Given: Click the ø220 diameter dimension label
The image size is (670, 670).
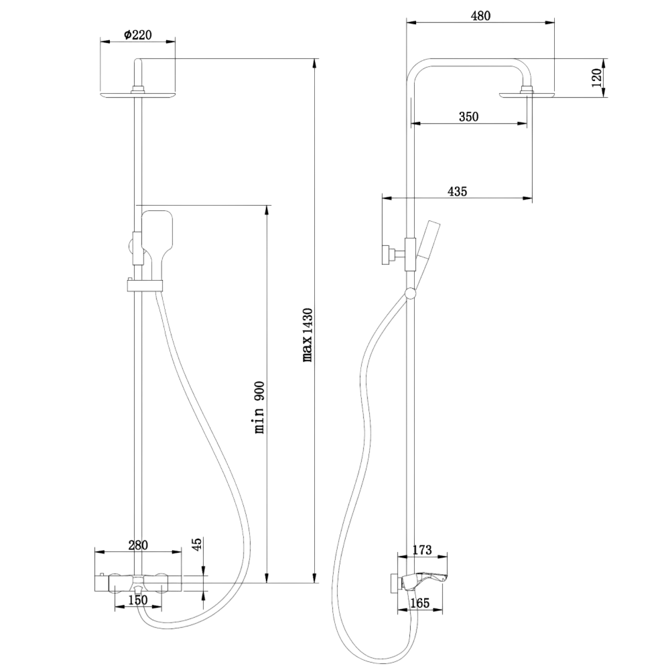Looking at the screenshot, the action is [137, 35].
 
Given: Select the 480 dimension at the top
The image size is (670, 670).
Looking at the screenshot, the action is [480, 16].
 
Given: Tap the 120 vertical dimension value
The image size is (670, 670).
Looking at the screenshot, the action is [596, 77].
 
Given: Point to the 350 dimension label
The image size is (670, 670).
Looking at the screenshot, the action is [468, 116].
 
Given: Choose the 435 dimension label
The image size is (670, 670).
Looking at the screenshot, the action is [457, 191].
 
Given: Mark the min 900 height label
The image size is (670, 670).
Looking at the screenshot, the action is [259, 407].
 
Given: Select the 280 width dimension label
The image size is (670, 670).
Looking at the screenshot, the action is [137, 545].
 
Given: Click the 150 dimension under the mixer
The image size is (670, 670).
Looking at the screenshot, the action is [137, 600].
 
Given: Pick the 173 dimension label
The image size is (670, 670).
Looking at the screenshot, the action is [422, 549].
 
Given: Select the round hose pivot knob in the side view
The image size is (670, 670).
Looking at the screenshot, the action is [410, 293].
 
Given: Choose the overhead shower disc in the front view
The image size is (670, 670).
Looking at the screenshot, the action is [137, 95].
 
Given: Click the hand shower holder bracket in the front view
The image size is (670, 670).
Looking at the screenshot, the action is [145, 285].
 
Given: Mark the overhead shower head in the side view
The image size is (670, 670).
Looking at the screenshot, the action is [527, 94].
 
